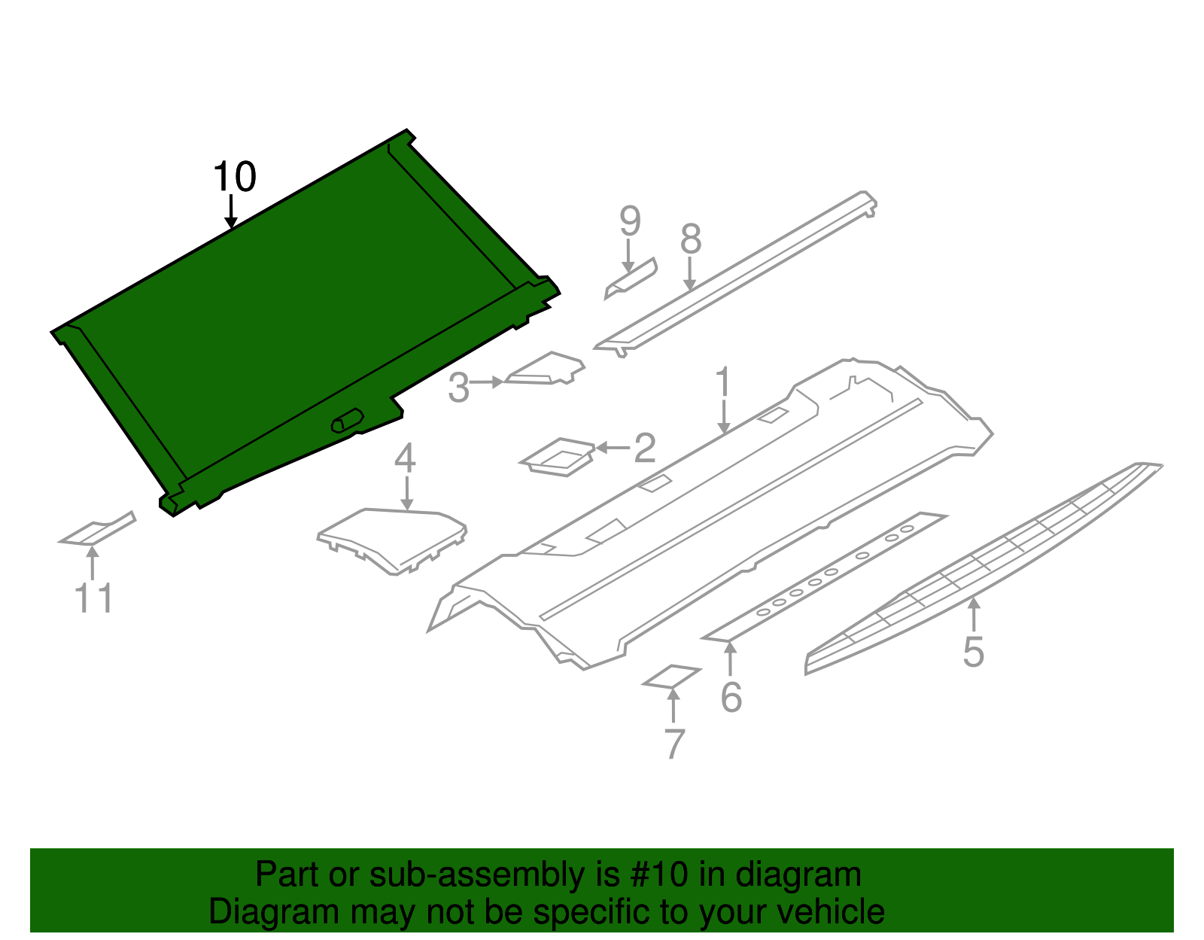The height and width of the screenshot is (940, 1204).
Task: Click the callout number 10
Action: [235, 178]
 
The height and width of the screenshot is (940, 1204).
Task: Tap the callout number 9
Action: [630, 221]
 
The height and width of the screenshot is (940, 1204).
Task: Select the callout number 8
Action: [690, 239]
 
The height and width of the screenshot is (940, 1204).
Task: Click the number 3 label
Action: [458, 388]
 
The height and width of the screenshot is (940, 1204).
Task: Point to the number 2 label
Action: [645, 449]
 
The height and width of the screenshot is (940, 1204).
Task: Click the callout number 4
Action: [405, 458]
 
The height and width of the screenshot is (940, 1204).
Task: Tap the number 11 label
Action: [94, 598]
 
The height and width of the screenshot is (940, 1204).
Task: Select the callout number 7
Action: [674, 744]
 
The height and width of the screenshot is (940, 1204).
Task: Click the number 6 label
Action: [731, 698]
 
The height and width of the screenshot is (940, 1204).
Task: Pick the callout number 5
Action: [973, 652]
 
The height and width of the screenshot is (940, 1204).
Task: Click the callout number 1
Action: [722, 382]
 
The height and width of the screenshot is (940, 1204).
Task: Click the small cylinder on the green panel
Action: [347, 421]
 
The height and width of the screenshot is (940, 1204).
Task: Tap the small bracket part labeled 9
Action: [631, 278]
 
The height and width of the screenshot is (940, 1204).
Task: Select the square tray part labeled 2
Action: [558, 457]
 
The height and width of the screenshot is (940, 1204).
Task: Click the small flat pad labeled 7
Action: [671, 676]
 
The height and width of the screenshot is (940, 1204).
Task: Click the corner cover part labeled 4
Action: [391, 538]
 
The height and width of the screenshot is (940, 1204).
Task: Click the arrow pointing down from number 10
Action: [232, 211]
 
